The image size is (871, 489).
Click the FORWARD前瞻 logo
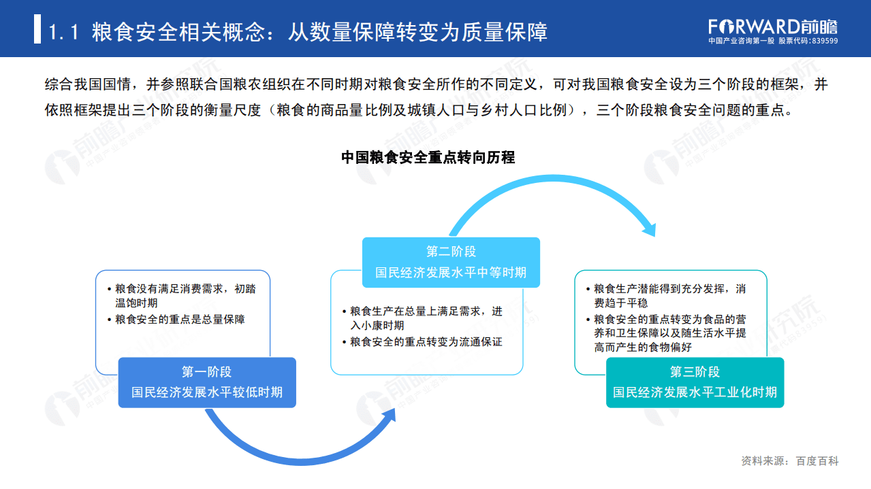772,27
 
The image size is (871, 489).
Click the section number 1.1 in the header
65,31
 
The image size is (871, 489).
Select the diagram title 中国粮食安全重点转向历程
428,158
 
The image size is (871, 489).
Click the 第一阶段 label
206,371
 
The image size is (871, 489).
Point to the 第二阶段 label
451,252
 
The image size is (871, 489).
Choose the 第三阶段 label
695,371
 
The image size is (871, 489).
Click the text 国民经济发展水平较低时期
206,392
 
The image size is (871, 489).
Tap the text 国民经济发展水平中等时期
451,272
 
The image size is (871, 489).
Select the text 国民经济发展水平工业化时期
695,392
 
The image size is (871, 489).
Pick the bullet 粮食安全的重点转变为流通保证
426,341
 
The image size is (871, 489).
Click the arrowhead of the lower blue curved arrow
388,416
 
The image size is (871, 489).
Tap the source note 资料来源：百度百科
789,461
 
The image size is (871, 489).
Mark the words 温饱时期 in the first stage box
136,303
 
